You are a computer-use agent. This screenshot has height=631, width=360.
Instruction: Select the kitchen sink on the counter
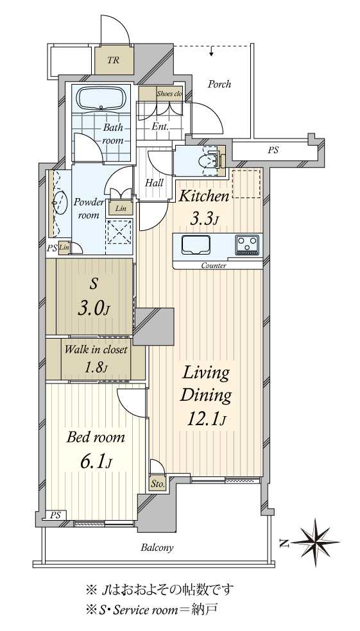pos(196,245)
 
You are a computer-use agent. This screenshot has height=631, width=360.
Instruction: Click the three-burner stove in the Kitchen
pos(247,245)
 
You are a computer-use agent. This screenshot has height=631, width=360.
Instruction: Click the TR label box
pos(114,60)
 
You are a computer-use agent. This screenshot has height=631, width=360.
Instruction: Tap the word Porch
pos(219,85)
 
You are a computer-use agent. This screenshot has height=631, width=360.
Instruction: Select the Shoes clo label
pos(169,94)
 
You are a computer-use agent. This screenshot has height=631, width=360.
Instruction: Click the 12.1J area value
pos(206,420)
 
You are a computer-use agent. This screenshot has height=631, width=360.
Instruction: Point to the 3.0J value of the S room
pos(93,310)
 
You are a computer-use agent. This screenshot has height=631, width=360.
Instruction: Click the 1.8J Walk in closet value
pos(96,367)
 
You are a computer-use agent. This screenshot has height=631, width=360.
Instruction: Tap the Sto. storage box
pos(157,484)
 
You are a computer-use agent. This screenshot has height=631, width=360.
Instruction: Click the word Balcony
pos(157,547)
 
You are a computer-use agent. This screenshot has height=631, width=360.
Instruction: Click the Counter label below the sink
pos(214,265)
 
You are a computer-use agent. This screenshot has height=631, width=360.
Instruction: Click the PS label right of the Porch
pos(273,151)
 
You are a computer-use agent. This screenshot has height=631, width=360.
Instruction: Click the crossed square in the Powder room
pos(118,232)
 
